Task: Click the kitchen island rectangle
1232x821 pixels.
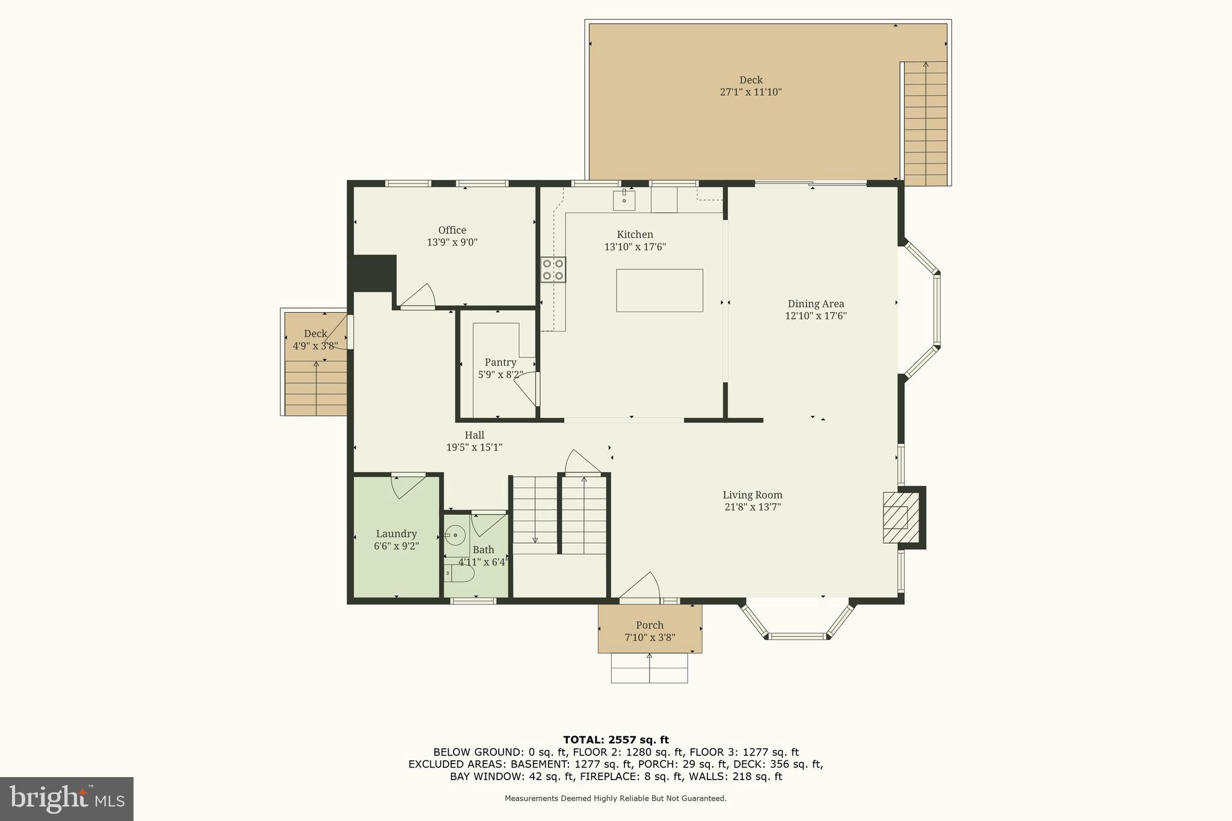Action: click(x=659, y=291)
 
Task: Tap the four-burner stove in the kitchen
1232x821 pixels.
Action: click(x=553, y=269)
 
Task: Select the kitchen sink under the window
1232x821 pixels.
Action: click(x=624, y=200)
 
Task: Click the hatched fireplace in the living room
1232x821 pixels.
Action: click(x=901, y=518)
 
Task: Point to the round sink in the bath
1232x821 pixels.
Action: click(x=455, y=534)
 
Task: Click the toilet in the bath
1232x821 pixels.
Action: click(x=460, y=574)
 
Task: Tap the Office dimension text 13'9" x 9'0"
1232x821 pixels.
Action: click(x=452, y=242)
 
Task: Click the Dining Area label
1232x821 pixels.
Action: click(x=816, y=304)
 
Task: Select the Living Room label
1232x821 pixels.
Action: click(x=752, y=495)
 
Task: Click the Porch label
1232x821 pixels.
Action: click(x=649, y=626)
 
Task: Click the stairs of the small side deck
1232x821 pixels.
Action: click(x=316, y=388)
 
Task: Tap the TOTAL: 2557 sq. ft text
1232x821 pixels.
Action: click(x=615, y=740)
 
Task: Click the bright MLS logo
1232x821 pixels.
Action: click(x=66, y=799)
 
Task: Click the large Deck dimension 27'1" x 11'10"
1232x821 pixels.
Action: click(x=750, y=92)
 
